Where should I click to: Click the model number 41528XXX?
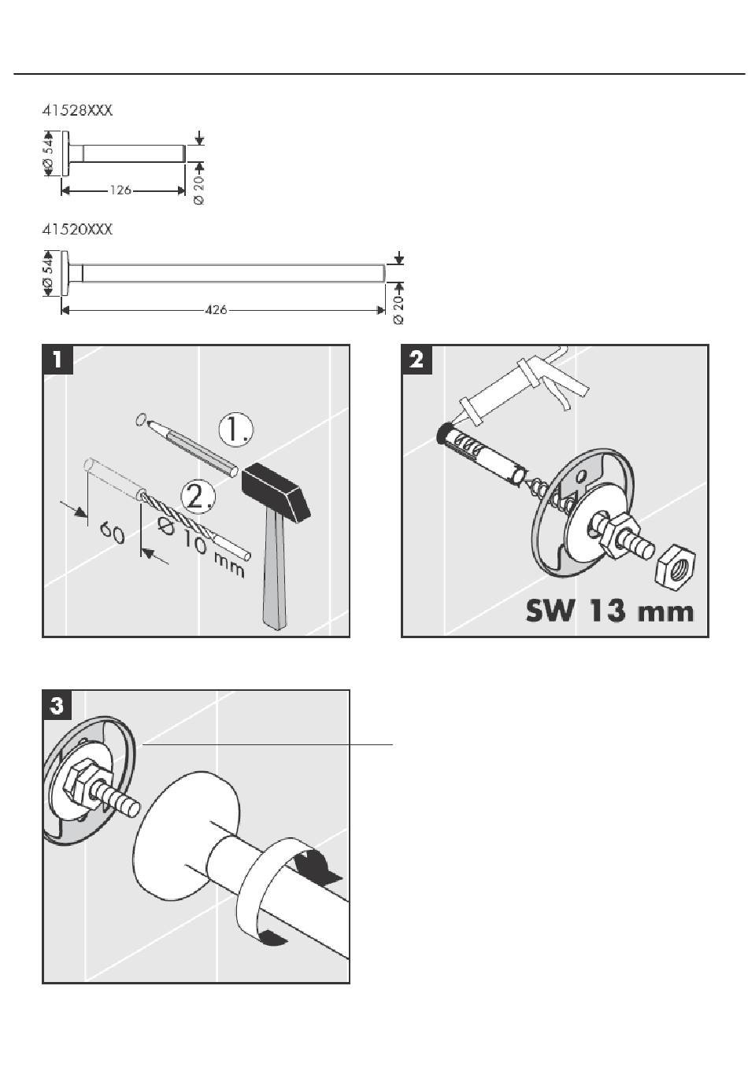pos(77,111)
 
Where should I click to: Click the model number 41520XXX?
pos(77,229)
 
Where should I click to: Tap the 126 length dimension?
pos(120,190)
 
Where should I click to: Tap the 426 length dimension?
pos(216,310)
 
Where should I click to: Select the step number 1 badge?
pos(57,360)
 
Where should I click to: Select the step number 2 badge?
pos(417,360)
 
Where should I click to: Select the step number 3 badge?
pos(57,705)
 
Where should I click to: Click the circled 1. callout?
pos(235,430)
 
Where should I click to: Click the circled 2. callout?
pos(198,497)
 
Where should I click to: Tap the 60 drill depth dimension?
pos(113,533)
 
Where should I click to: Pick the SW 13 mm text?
pos(609,611)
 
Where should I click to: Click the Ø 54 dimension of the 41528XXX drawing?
pos(50,153)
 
